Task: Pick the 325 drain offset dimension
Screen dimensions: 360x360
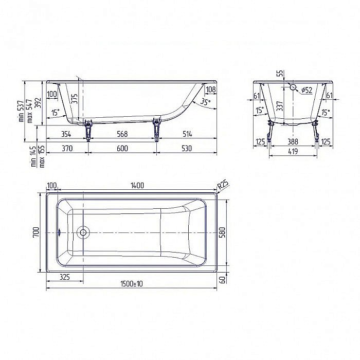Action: pos(65,277)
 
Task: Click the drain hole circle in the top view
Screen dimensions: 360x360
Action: pos(82,232)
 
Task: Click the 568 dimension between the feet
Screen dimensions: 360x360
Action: pos(122,134)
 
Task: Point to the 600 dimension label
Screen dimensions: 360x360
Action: pos(122,149)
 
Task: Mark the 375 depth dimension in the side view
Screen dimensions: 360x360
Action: pos(75,99)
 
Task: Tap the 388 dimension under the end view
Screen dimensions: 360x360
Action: pos(292,141)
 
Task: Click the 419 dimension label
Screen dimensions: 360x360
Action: pos(292,152)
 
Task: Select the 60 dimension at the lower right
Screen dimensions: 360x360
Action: pos(222,279)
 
